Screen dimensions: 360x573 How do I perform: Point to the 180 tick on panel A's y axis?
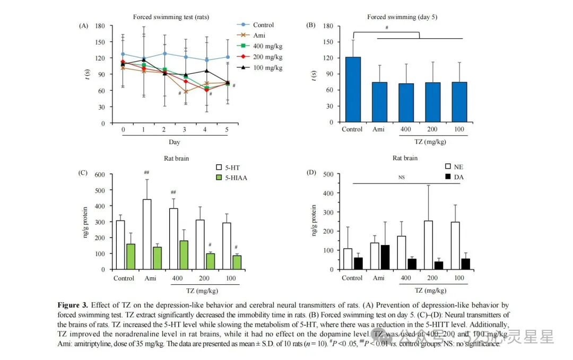click(100, 25)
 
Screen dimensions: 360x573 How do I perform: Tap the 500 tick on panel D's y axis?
click(329, 174)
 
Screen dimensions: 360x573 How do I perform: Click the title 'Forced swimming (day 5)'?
click(402, 17)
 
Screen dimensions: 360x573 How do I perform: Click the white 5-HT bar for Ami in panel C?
click(147, 234)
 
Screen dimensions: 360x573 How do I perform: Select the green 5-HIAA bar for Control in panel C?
click(130, 256)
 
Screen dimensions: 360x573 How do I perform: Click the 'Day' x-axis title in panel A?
click(175, 142)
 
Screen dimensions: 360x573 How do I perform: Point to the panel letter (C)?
click(83, 172)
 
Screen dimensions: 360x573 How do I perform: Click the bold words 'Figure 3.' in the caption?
click(73, 305)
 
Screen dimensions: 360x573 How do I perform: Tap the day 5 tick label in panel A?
click(228, 129)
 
